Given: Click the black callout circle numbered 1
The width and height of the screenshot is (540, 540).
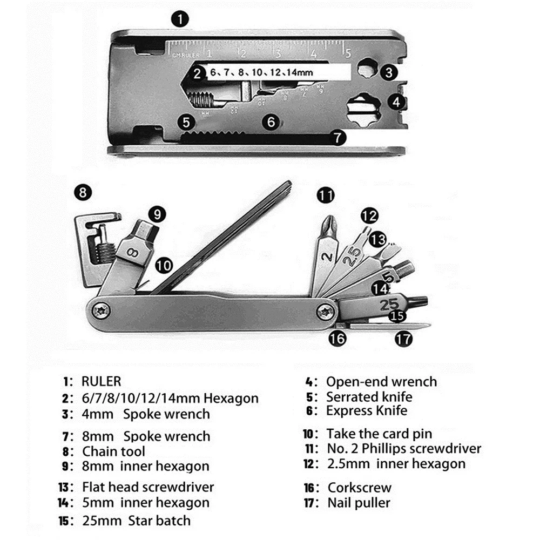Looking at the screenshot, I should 179,20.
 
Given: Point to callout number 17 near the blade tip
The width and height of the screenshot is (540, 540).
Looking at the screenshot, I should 403,339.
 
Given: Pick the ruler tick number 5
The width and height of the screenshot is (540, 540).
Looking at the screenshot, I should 348,53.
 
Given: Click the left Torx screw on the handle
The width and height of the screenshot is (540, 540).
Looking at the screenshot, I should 102,310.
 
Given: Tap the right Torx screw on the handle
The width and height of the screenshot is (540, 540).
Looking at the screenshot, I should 326,310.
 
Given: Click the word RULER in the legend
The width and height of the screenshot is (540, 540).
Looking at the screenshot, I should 102,381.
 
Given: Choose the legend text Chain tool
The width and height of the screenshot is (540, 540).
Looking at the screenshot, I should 113,451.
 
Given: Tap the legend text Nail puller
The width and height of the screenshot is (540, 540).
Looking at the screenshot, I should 358,503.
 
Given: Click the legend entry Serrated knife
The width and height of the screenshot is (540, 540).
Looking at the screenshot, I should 369,397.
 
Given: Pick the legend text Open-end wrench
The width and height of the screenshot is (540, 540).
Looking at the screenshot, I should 381,382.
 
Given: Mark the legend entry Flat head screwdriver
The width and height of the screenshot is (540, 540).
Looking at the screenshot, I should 148,487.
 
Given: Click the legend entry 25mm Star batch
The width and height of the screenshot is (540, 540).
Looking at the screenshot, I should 136,521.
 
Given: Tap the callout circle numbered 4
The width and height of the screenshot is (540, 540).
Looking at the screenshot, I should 397,102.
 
